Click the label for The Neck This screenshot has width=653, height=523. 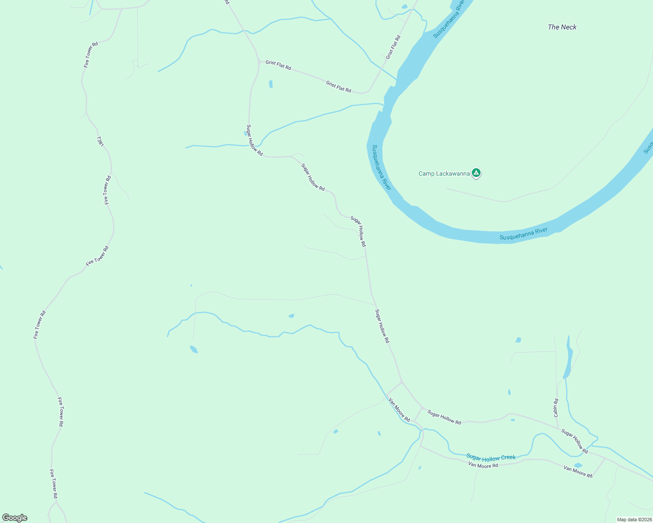tap(562, 27)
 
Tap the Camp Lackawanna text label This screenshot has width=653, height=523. tap(444, 174)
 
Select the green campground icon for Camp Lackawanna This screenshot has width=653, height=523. tap(476, 173)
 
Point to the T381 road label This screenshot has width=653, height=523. tap(100, 141)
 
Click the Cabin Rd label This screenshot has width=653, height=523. tap(556, 408)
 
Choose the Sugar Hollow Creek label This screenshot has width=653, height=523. tap(491, 457)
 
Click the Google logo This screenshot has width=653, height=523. tap(15, 518)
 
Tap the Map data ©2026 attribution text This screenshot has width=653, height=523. tap(633, 520)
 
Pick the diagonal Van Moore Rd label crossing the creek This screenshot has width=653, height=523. tap(399, 410)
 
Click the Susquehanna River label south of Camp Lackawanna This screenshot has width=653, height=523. tap(523, 234)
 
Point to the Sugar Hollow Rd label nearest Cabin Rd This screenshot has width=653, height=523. tap(574, 441)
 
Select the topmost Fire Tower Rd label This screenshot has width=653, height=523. tap(91, 54)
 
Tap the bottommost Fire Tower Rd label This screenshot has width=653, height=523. tap(53, 484)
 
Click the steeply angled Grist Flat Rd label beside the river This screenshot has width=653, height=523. tap(393, 47)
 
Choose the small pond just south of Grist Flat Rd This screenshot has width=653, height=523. tap(271, 84)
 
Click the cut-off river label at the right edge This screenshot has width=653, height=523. tap(648, 147)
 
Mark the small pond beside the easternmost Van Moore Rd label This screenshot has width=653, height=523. tap(578, 465)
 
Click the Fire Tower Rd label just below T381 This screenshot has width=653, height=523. tap(107, 190)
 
